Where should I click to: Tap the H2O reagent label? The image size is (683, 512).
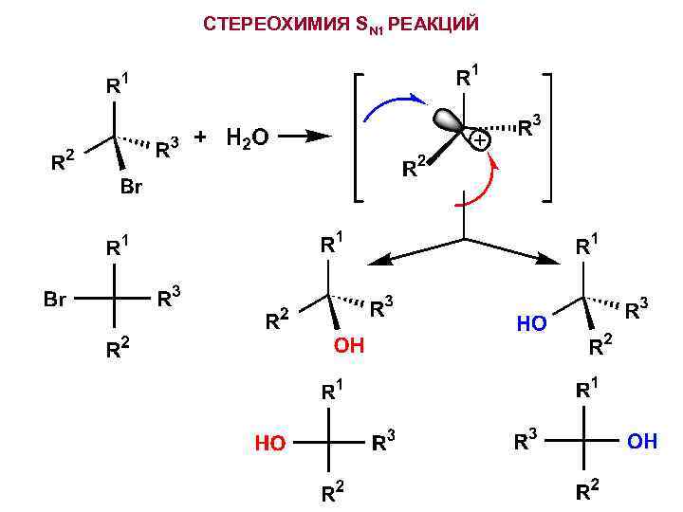[248, 138]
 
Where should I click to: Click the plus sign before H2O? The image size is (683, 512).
[200, 137]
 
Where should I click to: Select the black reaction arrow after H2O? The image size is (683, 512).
[305, 137]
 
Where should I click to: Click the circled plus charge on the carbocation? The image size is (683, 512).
[481, 140]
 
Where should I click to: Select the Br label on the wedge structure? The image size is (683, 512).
[131, 188]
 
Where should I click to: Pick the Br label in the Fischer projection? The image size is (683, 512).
[55, 301]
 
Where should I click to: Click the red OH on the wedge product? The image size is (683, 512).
[348, 346]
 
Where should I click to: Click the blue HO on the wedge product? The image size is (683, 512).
[531, 324]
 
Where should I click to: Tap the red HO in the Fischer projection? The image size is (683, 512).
[269, 443]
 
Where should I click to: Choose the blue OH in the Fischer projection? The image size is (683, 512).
[642, 442]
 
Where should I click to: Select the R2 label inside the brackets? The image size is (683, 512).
[414, 171]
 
